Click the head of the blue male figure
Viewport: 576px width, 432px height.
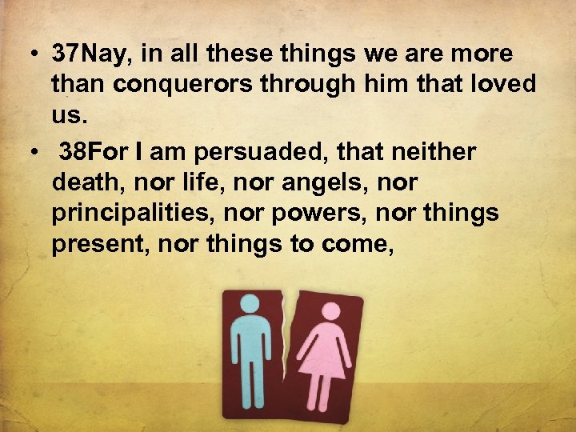pyautogui.click(x=250, y=305)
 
